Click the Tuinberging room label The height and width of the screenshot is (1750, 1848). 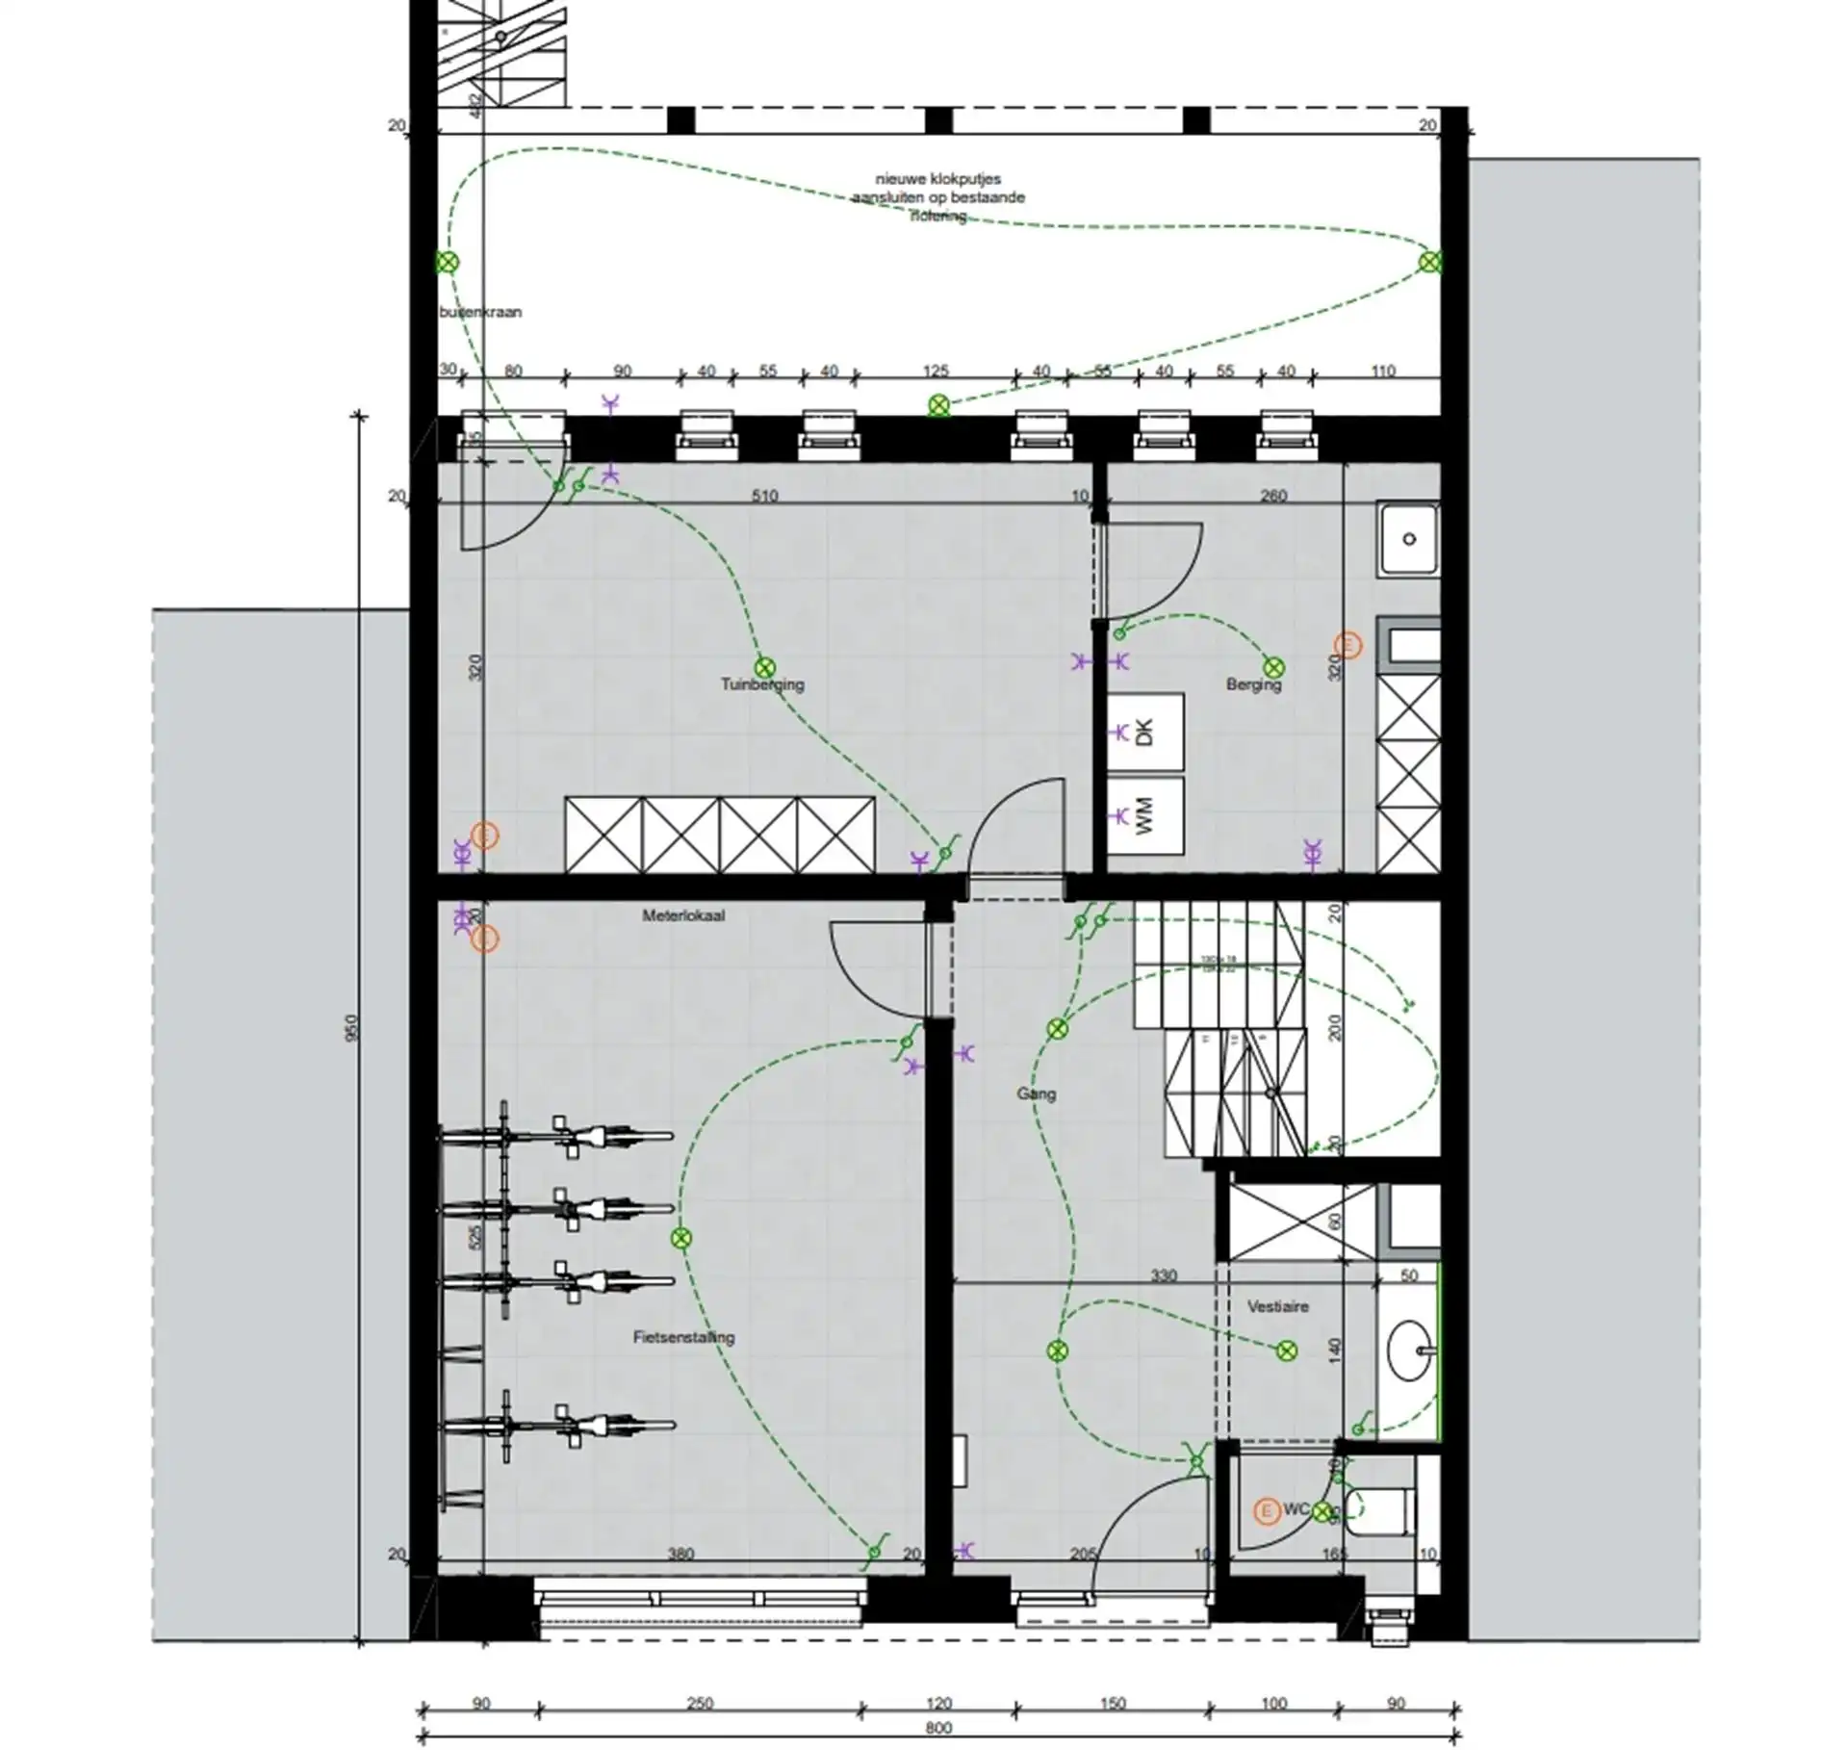click(762, 685)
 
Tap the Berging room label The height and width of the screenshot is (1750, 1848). click(1253, 685)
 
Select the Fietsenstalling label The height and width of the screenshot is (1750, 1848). click(683, 1337)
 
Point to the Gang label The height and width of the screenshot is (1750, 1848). click(1036, 1094)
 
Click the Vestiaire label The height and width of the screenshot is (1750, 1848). click(1277, 1307)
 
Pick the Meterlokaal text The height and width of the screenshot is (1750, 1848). click(683, 916)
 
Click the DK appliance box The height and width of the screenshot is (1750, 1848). click(1144, 733)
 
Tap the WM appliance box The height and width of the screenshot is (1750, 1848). click(1144, 816)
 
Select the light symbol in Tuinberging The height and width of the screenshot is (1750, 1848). click(764, 667)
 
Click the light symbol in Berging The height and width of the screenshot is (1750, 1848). click(1273, 667)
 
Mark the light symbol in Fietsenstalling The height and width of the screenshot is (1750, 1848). click(681, 1239)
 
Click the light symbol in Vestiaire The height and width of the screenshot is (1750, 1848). click(1286, 1352)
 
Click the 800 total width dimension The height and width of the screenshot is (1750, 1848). click(938, 1728)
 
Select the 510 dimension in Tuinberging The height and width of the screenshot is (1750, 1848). click(764, 497)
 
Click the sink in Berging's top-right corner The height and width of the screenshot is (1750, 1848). click(1409, 539)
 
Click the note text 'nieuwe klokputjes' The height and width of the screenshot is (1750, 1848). click(937, 179)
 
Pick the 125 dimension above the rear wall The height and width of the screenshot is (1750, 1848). click(936, 372)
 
